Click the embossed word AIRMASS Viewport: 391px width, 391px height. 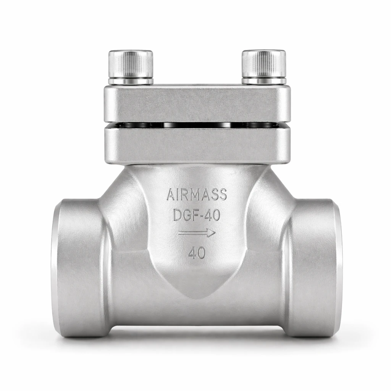pos(197,194)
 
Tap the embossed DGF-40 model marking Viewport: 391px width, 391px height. pos(197,215)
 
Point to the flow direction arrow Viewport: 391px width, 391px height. pos(197,233)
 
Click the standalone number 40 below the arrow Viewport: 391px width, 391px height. pos(197,253)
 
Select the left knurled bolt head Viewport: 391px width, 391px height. pos(131,64)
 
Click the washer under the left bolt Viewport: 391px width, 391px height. pos(131,81)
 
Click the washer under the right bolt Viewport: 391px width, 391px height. pos(264,81)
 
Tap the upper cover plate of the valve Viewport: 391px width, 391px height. pos(197,104)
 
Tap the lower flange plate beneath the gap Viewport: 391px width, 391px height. pos(197,145)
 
